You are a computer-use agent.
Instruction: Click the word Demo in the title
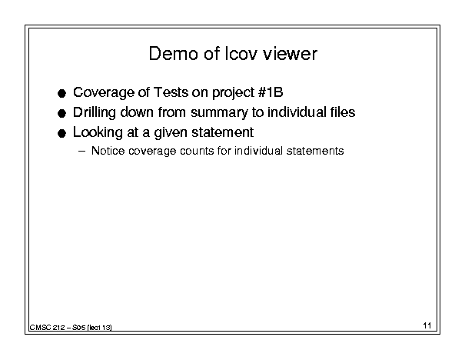[x=173, y=54]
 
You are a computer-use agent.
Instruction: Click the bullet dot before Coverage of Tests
[x=61, y=94]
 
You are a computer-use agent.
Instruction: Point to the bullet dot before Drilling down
[x=61, y=114]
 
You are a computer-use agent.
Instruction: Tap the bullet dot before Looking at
[x=61, y=134]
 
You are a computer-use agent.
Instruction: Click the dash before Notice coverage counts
[x=81, y=151]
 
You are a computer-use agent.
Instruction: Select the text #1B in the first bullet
[x=271, y=92]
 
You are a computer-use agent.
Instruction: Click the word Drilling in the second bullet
[x=95, y=113]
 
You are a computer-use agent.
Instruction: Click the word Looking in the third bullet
[x=98, y=133]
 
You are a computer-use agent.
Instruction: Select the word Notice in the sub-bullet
[x=108, y=151]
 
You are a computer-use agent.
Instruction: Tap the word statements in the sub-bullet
[x=315, y=151]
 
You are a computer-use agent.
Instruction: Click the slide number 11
[x=427, y=325]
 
